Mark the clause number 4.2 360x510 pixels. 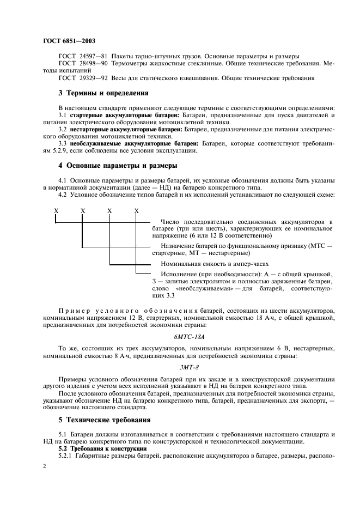tap(63, 195)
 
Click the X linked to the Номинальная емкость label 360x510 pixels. tap(109, 210)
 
